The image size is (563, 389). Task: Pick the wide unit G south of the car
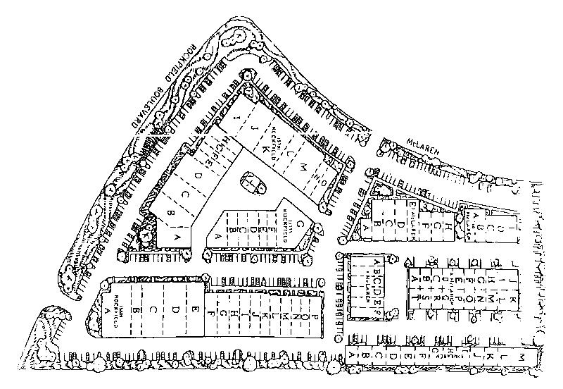pyautogui.click(x=301, y=225)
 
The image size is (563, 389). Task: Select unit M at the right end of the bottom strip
pyautogui.click(x=522, y=359)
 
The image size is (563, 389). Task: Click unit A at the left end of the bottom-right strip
pyautogui.click(x=353, y=358)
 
